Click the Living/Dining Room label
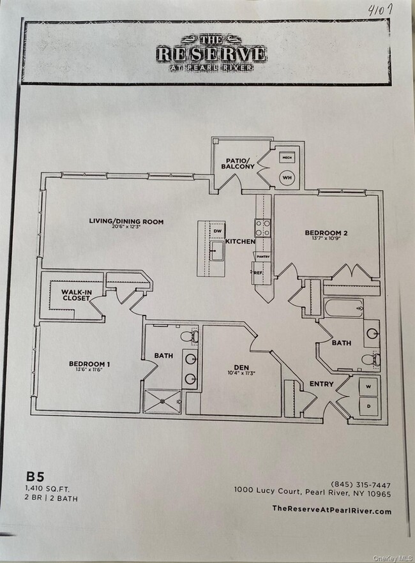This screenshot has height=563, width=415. pyautogui.click(x=126, y=222)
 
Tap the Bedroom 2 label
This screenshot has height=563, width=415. pyautogui.click(x=326, y=233)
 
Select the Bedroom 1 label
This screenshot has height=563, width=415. pyautogui.click(x=89, y=364)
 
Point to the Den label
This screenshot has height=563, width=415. pyautogui.click(x=241, y=367)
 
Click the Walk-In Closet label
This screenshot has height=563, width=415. pyautogui.click(x=76, y=294)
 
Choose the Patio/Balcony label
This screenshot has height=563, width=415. pyautogui.click(x=238, y=163)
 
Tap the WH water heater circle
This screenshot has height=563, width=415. pyautogui.click(x=287, y=179)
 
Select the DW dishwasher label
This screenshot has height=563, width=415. pyautogui.click(x=217, y=231)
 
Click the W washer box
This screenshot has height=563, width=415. pyautogui.click(x=368, y=386)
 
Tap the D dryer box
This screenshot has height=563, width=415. pyautogui.click(x=368, y=405)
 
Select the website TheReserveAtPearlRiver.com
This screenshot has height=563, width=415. pyautogui.click(x=331, y=509)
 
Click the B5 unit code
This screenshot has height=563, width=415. pyautogui.click(x=34, y=476)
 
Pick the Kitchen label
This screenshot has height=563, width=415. pyautogui.click(x=241, y=242)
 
